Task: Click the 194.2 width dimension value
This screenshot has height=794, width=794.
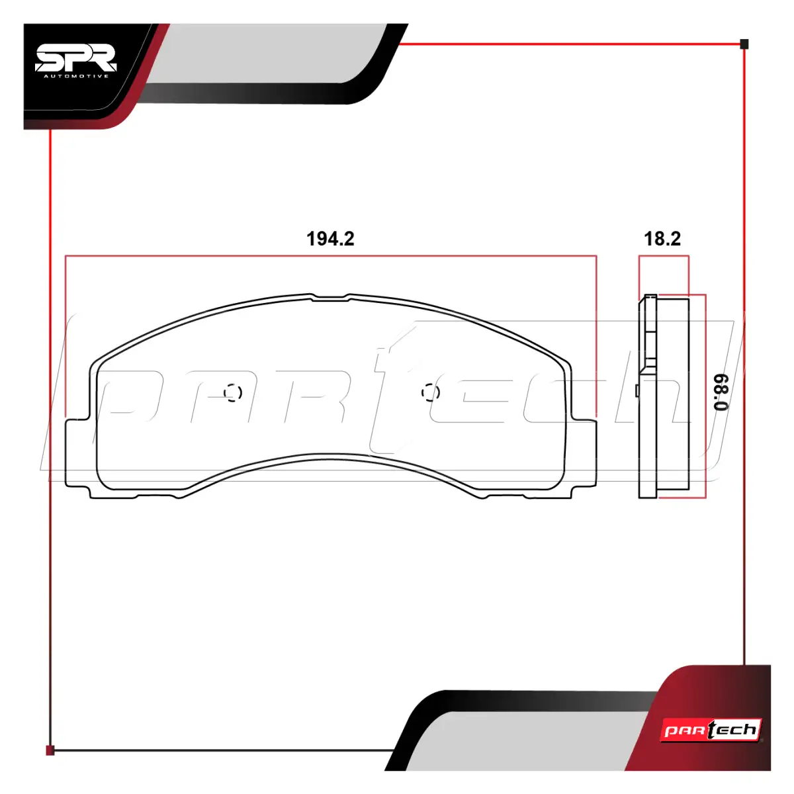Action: tap(330, 239)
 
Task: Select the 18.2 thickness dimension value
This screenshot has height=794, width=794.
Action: tap(662, 239)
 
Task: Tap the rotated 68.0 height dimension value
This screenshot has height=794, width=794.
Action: tap(721, 392)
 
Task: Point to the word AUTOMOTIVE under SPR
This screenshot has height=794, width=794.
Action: tap(76, 76)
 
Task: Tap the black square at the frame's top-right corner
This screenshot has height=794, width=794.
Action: tap(744, 44)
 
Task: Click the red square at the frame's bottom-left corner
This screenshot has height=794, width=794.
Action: tap(50, 750)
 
